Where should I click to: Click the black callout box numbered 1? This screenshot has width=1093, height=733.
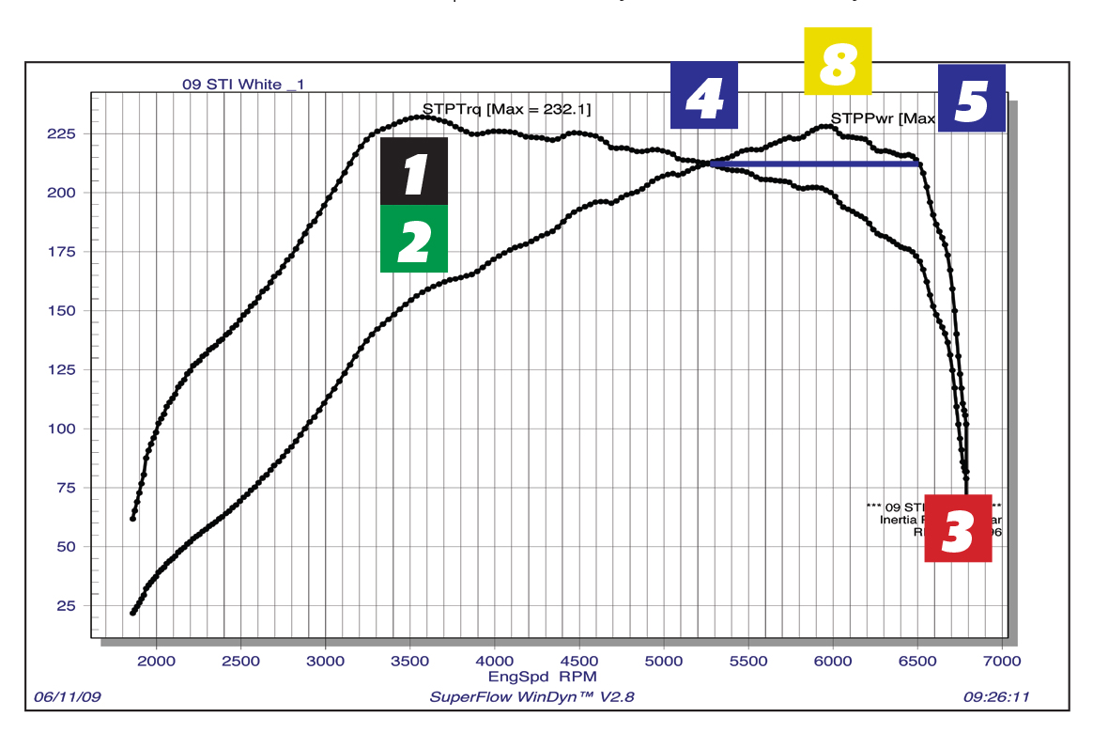coord(414,171)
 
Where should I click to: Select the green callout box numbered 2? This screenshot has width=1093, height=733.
coord(414,239)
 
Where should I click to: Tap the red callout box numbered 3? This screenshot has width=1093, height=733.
coord(958,528)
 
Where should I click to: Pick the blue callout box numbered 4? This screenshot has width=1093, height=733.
coord(704,96)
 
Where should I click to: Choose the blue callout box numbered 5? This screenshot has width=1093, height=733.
coord(971,98)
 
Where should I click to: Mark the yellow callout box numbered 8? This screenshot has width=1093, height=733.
coord(838,61)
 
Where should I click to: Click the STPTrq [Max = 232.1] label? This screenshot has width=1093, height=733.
coord(506,110)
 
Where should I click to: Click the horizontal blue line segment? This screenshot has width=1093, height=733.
coord(813,164)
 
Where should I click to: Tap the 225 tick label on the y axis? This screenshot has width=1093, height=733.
coord(62,133)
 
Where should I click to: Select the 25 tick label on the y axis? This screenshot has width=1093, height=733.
coord(66,605)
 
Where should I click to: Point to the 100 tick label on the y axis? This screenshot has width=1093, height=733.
coord(62,429)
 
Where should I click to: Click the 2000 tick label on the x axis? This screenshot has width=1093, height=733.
coord(157,661)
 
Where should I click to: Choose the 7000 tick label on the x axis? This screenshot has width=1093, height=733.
coord(1002,661)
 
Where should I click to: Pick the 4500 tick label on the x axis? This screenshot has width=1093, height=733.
coord(579,661)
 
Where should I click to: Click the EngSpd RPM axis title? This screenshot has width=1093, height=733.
coord(542,676)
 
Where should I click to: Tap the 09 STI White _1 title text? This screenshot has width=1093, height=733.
coord(243,85)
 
